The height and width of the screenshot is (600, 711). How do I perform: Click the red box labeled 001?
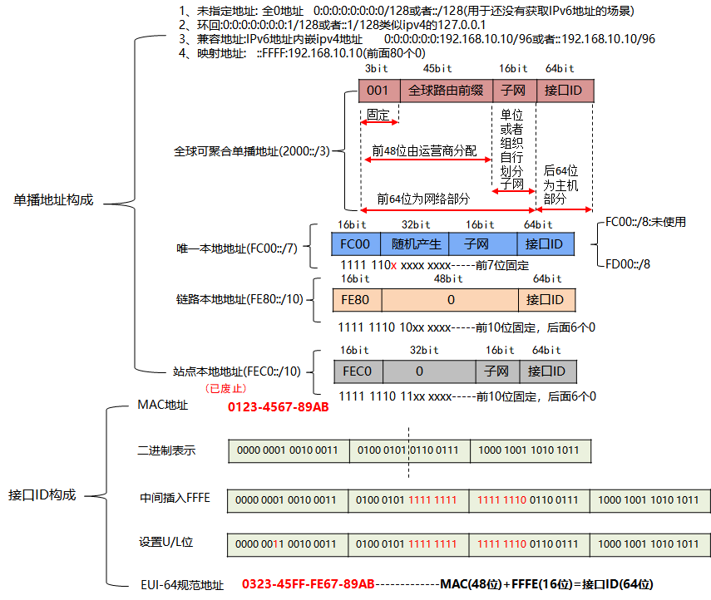click(x=378, y=90)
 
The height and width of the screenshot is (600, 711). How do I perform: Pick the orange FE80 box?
click(x=355, y=299)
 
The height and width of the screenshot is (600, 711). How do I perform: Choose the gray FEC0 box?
click(x=358, y=371)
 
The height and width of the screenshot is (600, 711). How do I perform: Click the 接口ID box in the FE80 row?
click(x=546, y=299)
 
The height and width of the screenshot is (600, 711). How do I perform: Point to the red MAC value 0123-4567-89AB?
click(x=278, y=407)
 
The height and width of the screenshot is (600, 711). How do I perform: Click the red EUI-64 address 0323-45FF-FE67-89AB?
click(x=308, y=584)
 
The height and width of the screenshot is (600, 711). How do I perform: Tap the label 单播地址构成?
click(x=53, y=200)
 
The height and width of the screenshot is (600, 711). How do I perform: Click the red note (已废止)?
click(x=225, y=388)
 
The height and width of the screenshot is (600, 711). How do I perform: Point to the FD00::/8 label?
click(x=629, y=263)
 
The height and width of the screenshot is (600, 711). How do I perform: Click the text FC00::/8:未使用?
click(x=646, y=222)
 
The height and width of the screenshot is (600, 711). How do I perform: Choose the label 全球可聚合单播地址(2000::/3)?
click(x=251, y=151)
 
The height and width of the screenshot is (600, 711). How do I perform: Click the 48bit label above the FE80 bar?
click(x=449, y=279)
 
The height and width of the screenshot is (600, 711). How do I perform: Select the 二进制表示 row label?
click(x=166, y=450)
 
